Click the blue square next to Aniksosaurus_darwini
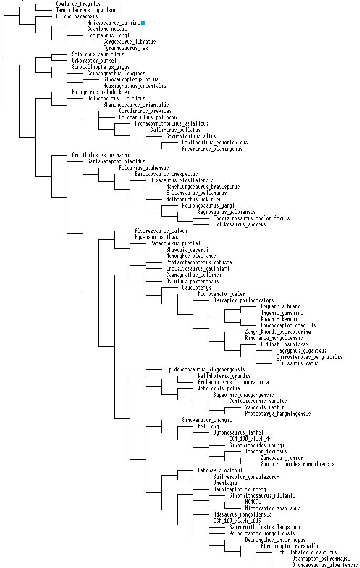coord(143,23)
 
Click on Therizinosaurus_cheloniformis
coord(251,218)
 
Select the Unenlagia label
coord(211,483)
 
